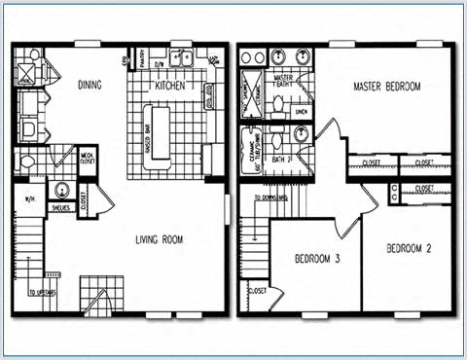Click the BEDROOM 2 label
point(409,247)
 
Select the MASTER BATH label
point(285,81)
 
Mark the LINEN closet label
point(301,112)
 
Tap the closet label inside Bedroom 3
point(258,291)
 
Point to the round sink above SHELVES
point(62,190)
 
